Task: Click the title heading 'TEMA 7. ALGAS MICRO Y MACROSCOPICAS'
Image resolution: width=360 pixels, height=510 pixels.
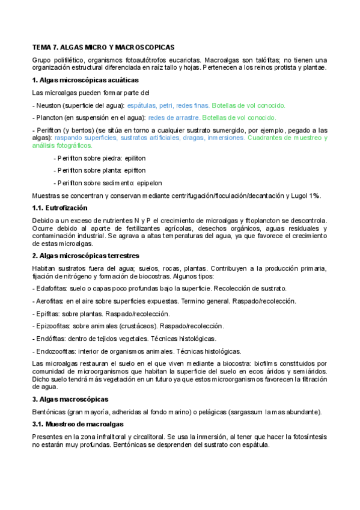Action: [x=103, y=46]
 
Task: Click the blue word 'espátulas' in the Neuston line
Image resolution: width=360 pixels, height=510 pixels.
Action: [x=141, y=105]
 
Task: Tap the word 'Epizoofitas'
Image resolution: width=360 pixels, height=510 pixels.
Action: [x=51, y=326]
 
